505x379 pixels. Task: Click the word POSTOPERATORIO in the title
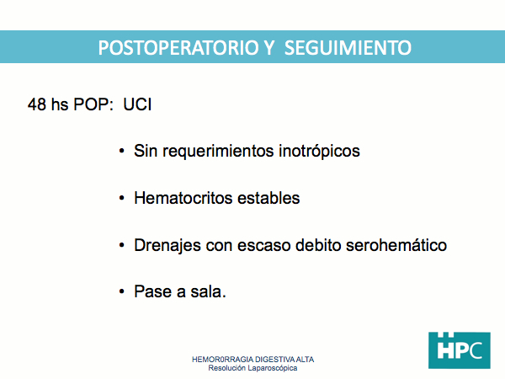[x=178, y=48]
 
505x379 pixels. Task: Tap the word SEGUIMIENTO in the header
[x=348, y=48]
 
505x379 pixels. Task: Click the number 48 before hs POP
[x=37, y=104]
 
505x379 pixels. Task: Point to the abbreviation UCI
[x=137, y=104]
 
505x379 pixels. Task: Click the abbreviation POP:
[x=93, y=104]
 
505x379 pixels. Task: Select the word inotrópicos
[x=319, y=151]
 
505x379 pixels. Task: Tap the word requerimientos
[x=218, y=151]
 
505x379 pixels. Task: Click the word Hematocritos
[x=183, y=198]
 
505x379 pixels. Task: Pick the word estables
[x=268, y=198]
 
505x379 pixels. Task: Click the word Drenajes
[x=167, y=246]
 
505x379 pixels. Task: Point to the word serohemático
[x=396, y=245]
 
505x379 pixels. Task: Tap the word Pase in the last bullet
[x=152, y=291]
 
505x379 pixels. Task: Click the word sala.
[x=209, y=291]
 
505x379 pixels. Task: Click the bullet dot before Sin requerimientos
[x=121, y=151]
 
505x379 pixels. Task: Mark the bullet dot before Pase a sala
[x=121, y=291]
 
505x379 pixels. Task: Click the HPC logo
[x=460, y=350]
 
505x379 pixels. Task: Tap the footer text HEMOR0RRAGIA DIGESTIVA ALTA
[x=252, y=360]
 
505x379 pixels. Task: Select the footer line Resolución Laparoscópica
[x=252, y=368]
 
